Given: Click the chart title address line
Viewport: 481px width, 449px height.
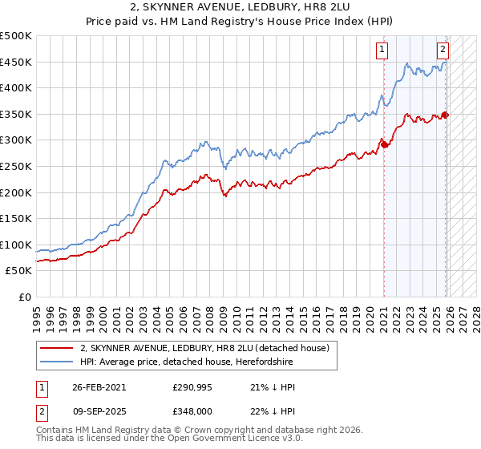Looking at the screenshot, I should [x=240, y=8].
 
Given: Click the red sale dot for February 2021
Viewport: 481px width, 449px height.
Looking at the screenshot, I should [x=384, y=145].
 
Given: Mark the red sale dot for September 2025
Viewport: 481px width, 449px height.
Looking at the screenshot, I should [x=446, y=115].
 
